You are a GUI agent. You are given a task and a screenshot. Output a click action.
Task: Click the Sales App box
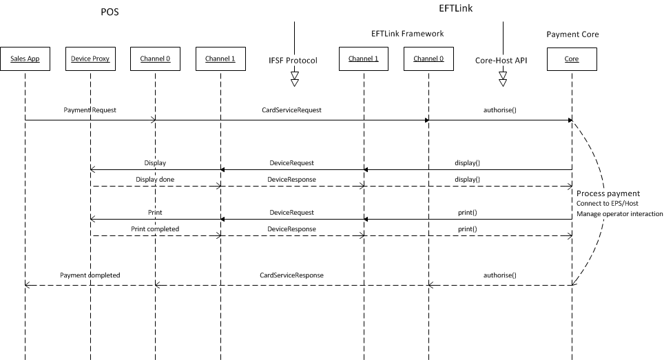click(x=25, y=59)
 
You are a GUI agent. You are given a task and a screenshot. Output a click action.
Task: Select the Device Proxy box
click(x=90, y=59)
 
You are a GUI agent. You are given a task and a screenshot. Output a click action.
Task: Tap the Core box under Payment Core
click(x=572, y=59)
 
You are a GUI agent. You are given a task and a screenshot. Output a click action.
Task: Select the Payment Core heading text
click(x=572, y=34)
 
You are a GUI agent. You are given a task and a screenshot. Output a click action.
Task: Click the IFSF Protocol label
click(x=294, y=61)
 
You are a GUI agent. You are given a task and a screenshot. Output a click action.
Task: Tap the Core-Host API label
click(x=502, y=61)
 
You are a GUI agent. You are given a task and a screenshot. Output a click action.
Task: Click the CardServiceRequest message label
click(x=291, y=109)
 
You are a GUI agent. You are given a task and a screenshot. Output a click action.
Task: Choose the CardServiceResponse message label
click(x=291, y=275)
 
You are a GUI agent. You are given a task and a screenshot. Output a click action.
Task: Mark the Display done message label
click(x=155, y=179)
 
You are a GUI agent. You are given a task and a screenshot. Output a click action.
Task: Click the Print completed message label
click(x=155, y=229)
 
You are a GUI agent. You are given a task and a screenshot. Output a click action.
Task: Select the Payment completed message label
click(x=90, y=275)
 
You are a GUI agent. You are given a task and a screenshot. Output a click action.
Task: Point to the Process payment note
click(x=608, y=193)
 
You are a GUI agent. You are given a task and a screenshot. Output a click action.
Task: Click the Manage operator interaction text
click(x=620, y=214)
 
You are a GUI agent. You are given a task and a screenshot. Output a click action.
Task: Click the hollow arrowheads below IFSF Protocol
click(x=295, y=79)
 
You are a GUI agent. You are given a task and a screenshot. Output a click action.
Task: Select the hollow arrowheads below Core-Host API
click(x=503, y=79)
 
